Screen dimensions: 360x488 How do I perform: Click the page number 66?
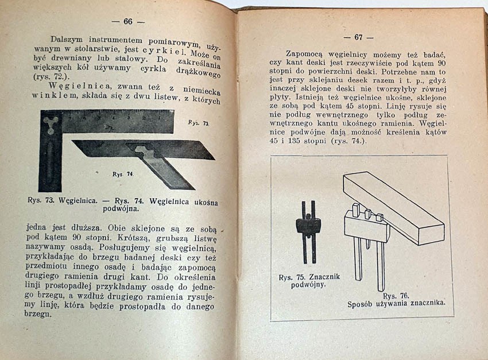[127, 22]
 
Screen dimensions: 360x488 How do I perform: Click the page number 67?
[358, 37]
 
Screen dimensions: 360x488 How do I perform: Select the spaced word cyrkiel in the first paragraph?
[165, 51]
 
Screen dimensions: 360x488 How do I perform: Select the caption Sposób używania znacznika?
[397, 304]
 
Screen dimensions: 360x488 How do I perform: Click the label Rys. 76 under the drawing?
[396, 296]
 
